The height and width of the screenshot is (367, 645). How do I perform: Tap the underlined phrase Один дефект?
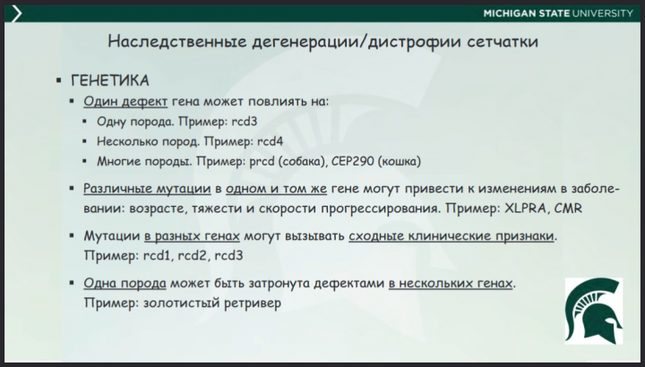(118, 101)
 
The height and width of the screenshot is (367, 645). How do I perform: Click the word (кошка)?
(397, 161)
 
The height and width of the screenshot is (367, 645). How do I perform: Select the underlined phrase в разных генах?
(191, 236)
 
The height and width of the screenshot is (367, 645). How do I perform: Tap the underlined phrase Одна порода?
(125, 284)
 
